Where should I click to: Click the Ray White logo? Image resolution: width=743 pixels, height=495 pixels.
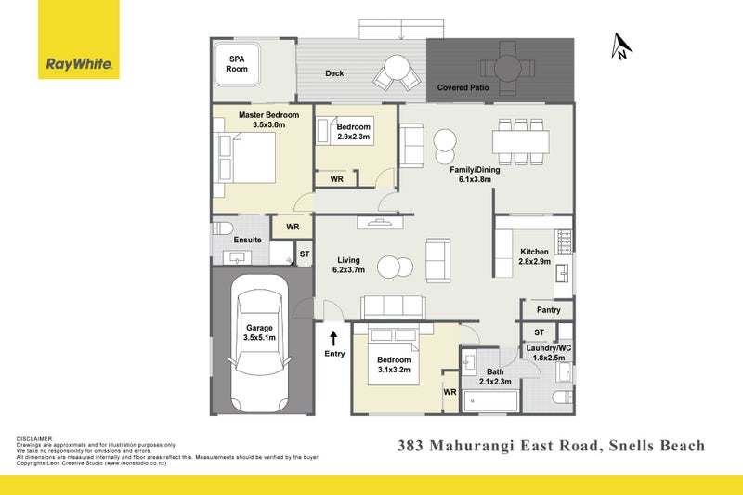tap(79, 64)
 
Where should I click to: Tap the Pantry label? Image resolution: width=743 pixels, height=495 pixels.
tap(549, 309)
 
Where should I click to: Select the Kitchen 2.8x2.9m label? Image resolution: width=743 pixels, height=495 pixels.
tap(534, 257)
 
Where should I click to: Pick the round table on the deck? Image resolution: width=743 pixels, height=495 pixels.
tap(397, 68)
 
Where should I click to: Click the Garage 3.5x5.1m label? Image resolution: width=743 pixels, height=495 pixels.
tap(258, 333)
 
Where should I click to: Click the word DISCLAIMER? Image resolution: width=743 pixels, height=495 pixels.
tap(35, 438)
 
